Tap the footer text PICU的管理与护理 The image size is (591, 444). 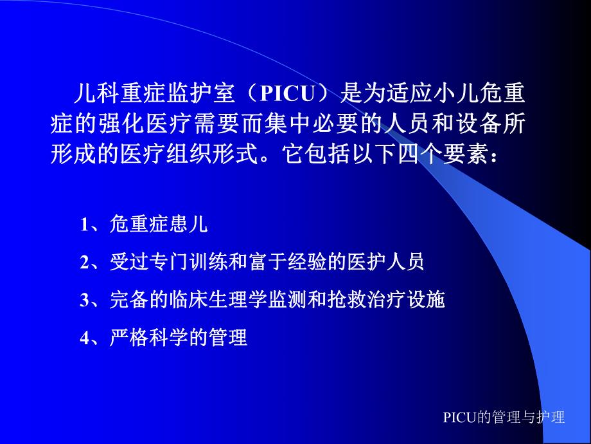coord(504,417)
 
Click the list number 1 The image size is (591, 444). coord(84,225)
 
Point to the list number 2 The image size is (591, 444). coord(84,263)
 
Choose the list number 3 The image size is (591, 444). coord(84,300)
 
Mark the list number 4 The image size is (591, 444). coord(84,338)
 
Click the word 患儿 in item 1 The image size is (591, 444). coord(194,225)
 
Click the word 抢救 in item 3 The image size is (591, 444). coord(344,299)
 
